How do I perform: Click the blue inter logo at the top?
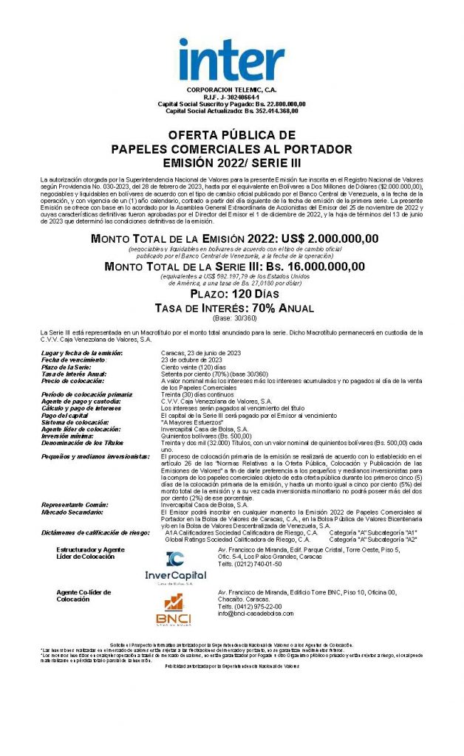tap(231, 60)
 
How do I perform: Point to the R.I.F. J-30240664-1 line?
tap(231, 97)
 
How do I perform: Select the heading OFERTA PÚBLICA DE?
tap(231, 136)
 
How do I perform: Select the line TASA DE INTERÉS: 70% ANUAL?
tap(231, 308)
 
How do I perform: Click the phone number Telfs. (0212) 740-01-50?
tap(250, 563)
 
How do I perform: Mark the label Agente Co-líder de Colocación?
tap(83, 596)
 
